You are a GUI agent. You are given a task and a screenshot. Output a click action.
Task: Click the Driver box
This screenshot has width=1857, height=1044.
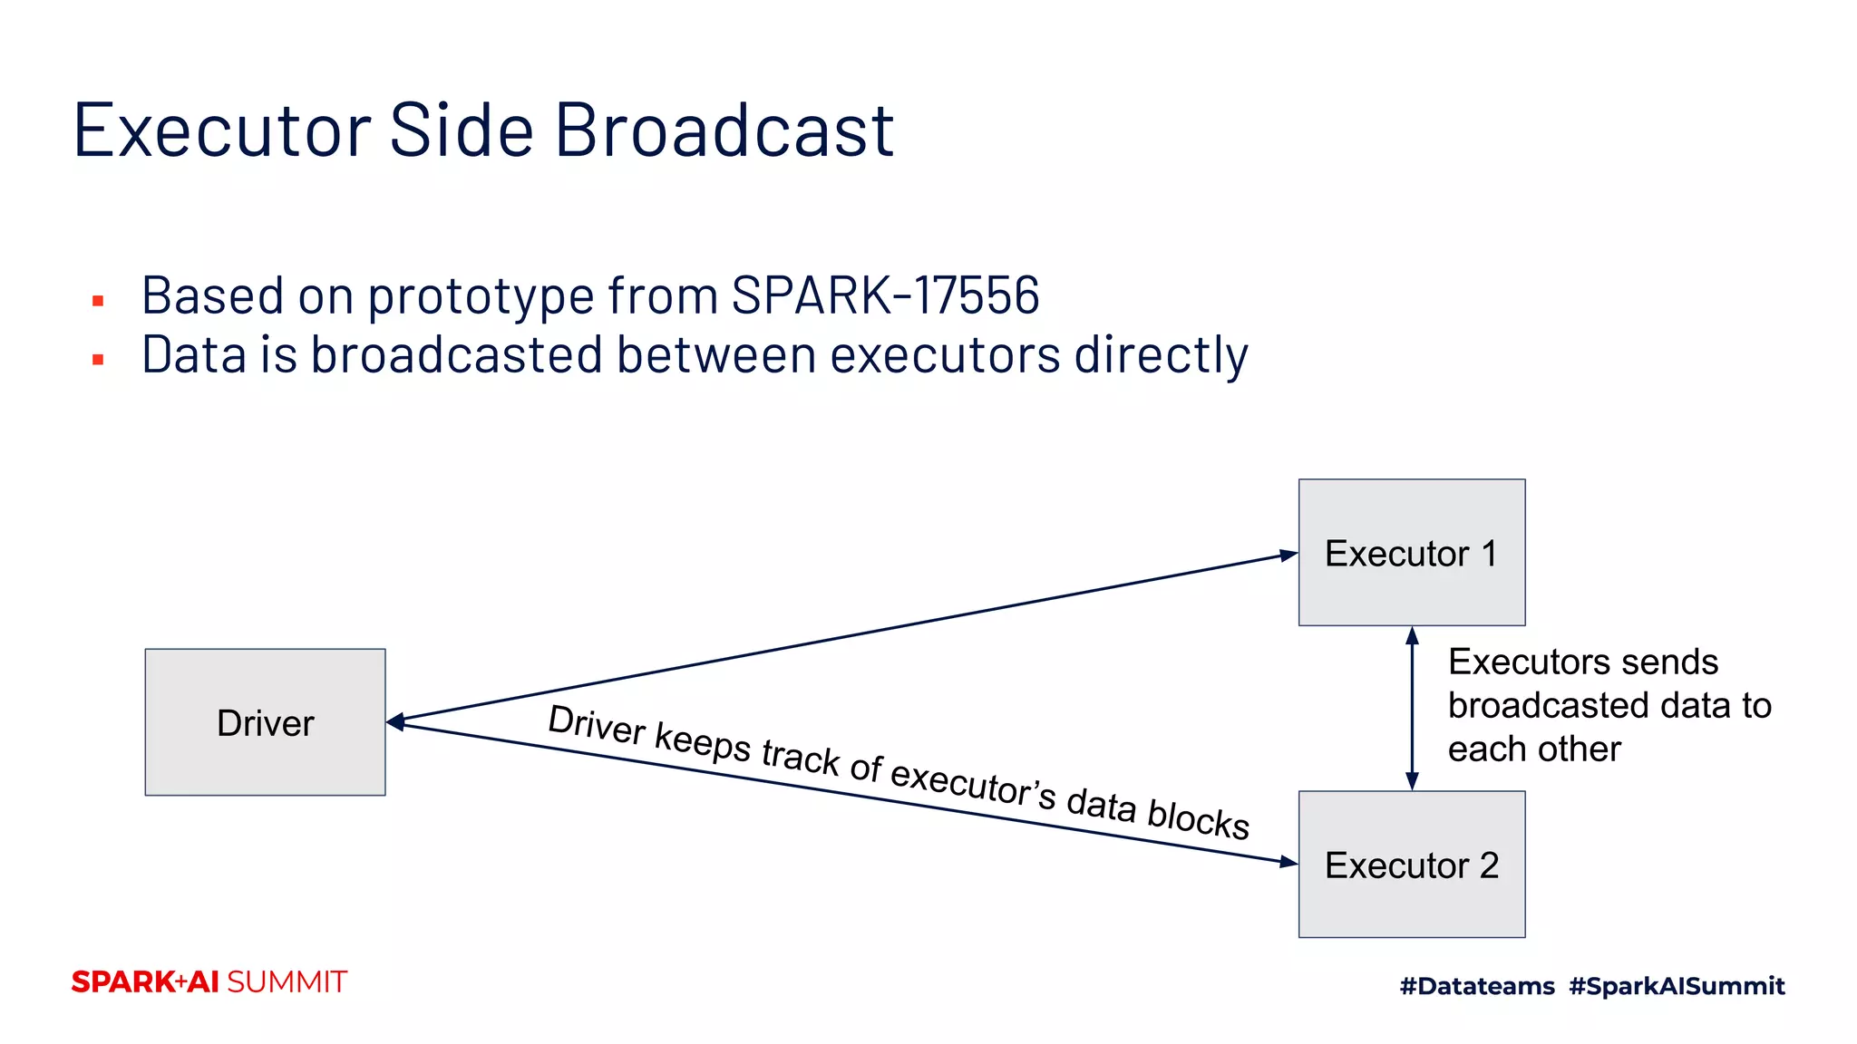coord(265,722)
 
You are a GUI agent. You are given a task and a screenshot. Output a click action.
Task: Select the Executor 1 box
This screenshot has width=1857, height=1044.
coord(1411,552)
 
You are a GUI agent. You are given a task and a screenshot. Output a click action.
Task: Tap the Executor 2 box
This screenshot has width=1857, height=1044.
coord(1411,864)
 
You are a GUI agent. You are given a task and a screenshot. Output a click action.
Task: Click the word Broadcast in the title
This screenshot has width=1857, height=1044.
coord(724,130)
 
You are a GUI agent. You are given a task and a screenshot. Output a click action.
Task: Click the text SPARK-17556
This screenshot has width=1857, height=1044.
coord(885,295)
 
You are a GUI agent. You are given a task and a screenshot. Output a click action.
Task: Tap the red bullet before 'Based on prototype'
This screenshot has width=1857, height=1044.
coord(98,301)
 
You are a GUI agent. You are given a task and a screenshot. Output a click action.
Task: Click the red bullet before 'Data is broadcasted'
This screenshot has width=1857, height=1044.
coord(98,360)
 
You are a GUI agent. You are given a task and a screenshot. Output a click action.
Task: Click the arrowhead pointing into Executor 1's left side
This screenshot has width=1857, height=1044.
coord(1288,555)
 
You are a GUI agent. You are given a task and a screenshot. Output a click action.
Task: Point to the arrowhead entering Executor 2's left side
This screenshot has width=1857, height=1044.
coord(1288,862)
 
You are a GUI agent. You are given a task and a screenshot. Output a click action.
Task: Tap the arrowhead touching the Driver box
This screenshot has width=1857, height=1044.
coord(395,722)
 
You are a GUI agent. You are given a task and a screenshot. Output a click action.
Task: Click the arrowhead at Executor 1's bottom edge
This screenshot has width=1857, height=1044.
coord(1412,635)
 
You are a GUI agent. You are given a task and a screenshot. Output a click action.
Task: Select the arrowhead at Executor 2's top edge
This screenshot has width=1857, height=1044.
coord(1412,781)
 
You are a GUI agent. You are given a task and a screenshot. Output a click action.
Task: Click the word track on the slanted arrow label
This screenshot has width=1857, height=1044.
coord(800,758)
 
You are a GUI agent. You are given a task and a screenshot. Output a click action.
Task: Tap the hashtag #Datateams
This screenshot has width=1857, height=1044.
coord(1476,986)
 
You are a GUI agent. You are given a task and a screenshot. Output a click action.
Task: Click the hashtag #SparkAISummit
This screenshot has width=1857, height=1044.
coord(1677,986)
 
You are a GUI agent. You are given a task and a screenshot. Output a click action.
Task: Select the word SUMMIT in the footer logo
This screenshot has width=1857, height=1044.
coord(287,982)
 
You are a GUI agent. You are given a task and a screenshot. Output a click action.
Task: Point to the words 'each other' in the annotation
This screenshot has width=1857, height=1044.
coord(1533,749)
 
